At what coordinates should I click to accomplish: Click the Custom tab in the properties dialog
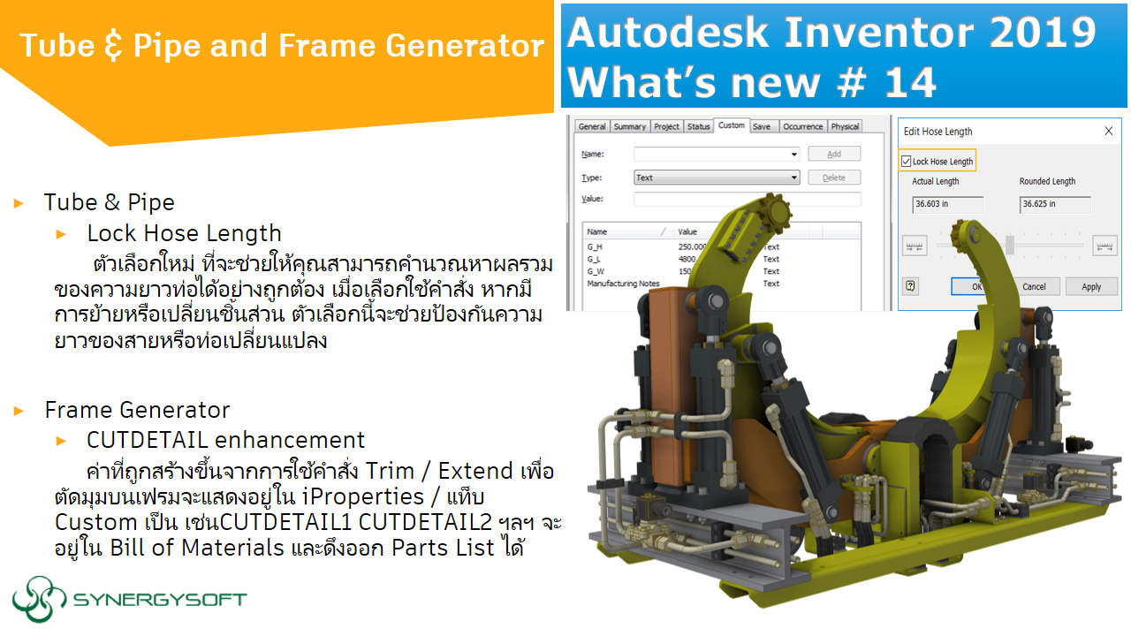point(731,125)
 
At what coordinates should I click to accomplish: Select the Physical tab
point(845,126)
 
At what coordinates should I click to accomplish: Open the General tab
point(591,126)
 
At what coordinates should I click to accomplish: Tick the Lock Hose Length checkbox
point(906,162)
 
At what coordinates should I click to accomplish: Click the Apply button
point(1091,286)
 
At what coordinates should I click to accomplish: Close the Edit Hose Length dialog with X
point(1109,132)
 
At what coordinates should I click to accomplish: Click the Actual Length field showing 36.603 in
point(947,204)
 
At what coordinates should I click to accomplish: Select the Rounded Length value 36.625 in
point(1055,204)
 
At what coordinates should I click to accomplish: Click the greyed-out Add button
point(833,154)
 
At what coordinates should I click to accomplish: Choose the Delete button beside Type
point(833,178)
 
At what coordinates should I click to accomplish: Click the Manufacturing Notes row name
point(623,284)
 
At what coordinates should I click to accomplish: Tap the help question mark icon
point(911,286)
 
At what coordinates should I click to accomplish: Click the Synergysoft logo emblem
point(40,600)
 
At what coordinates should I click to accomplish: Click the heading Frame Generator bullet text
point(137,410)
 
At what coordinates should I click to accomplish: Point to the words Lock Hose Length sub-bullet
point(184,233)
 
